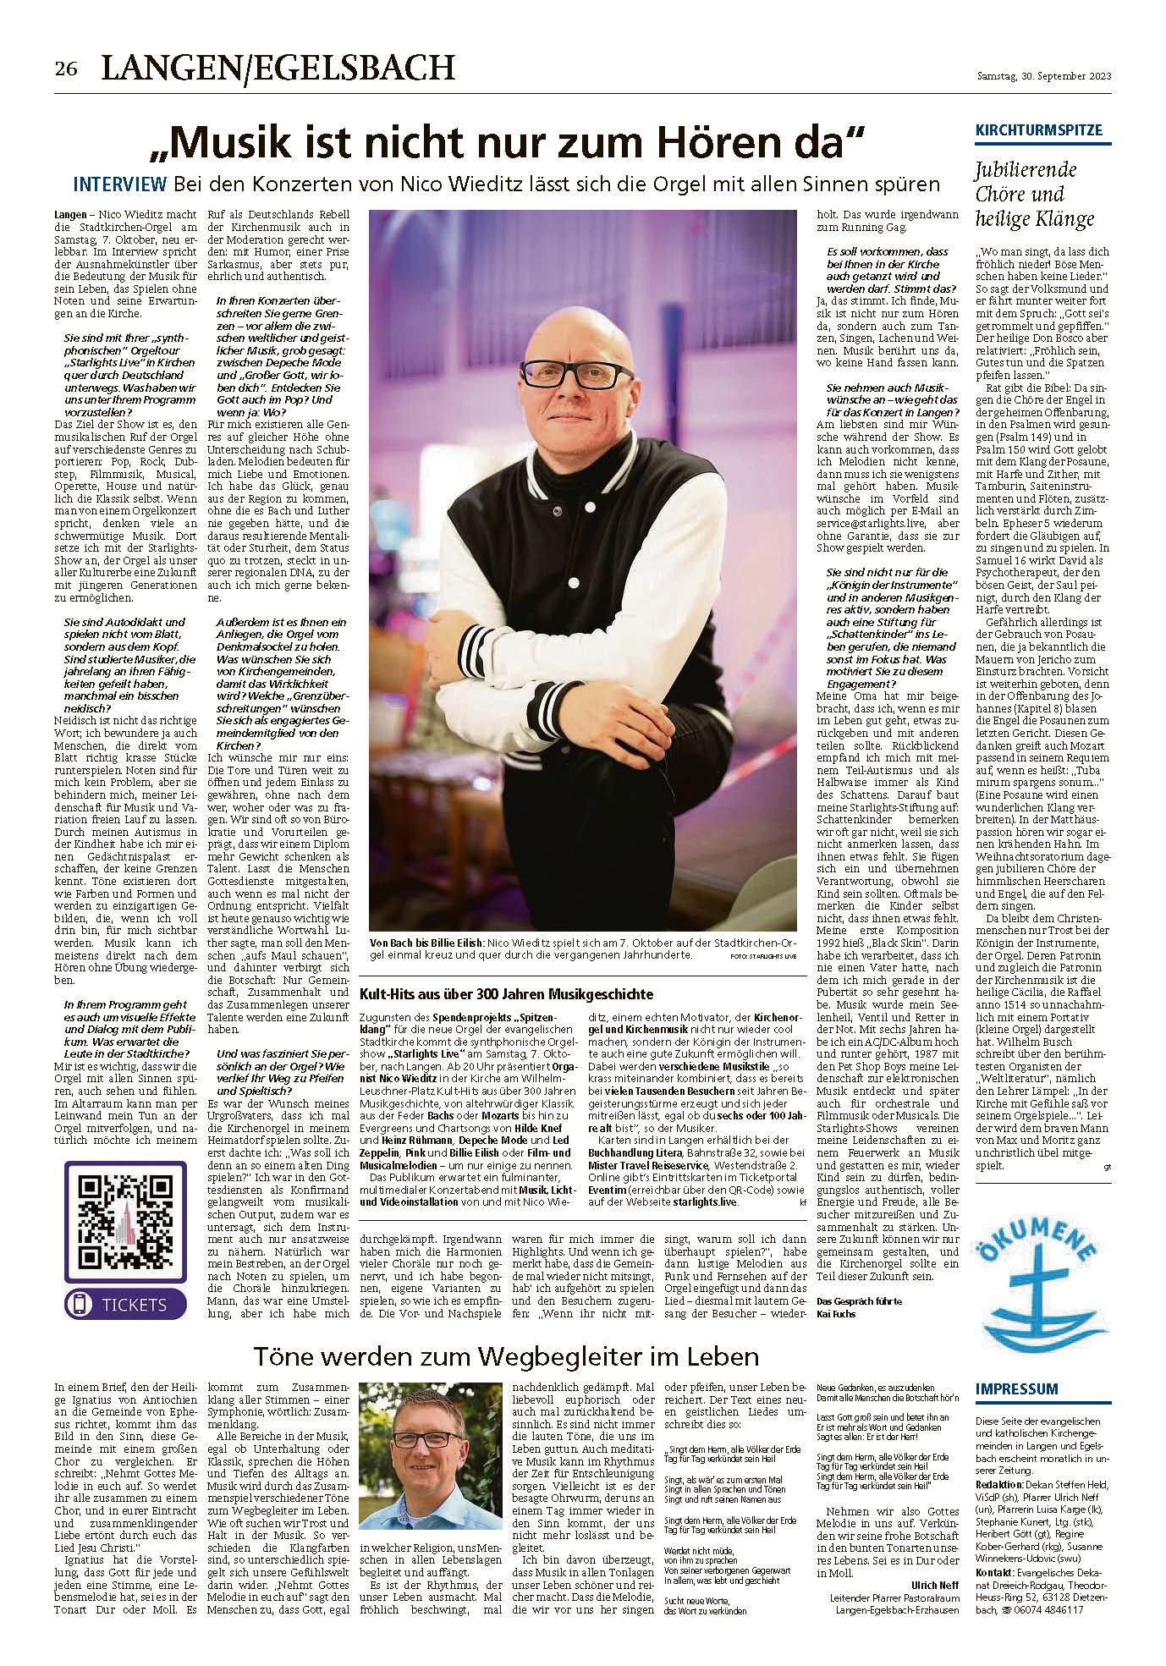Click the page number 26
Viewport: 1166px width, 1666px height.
tap(67, 69)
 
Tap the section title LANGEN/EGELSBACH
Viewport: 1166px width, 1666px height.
tap(278, 67)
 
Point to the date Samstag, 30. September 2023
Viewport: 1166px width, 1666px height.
tap(1044, 76)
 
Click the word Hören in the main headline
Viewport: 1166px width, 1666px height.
tap(735, 144)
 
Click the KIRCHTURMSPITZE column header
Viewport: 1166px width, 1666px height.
tap(1039, 131)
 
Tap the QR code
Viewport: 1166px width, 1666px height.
tap(124, 1215)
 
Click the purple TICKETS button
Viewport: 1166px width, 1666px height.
tap(124, 1304)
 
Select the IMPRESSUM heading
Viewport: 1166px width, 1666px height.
tap(1016, 1389)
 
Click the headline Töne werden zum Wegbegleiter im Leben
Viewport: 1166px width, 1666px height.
tap(506, 1357)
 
